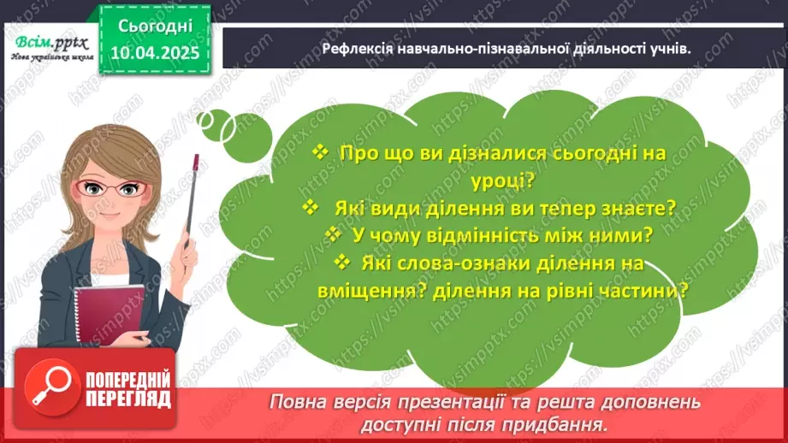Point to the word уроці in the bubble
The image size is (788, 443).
pos(507,181)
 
